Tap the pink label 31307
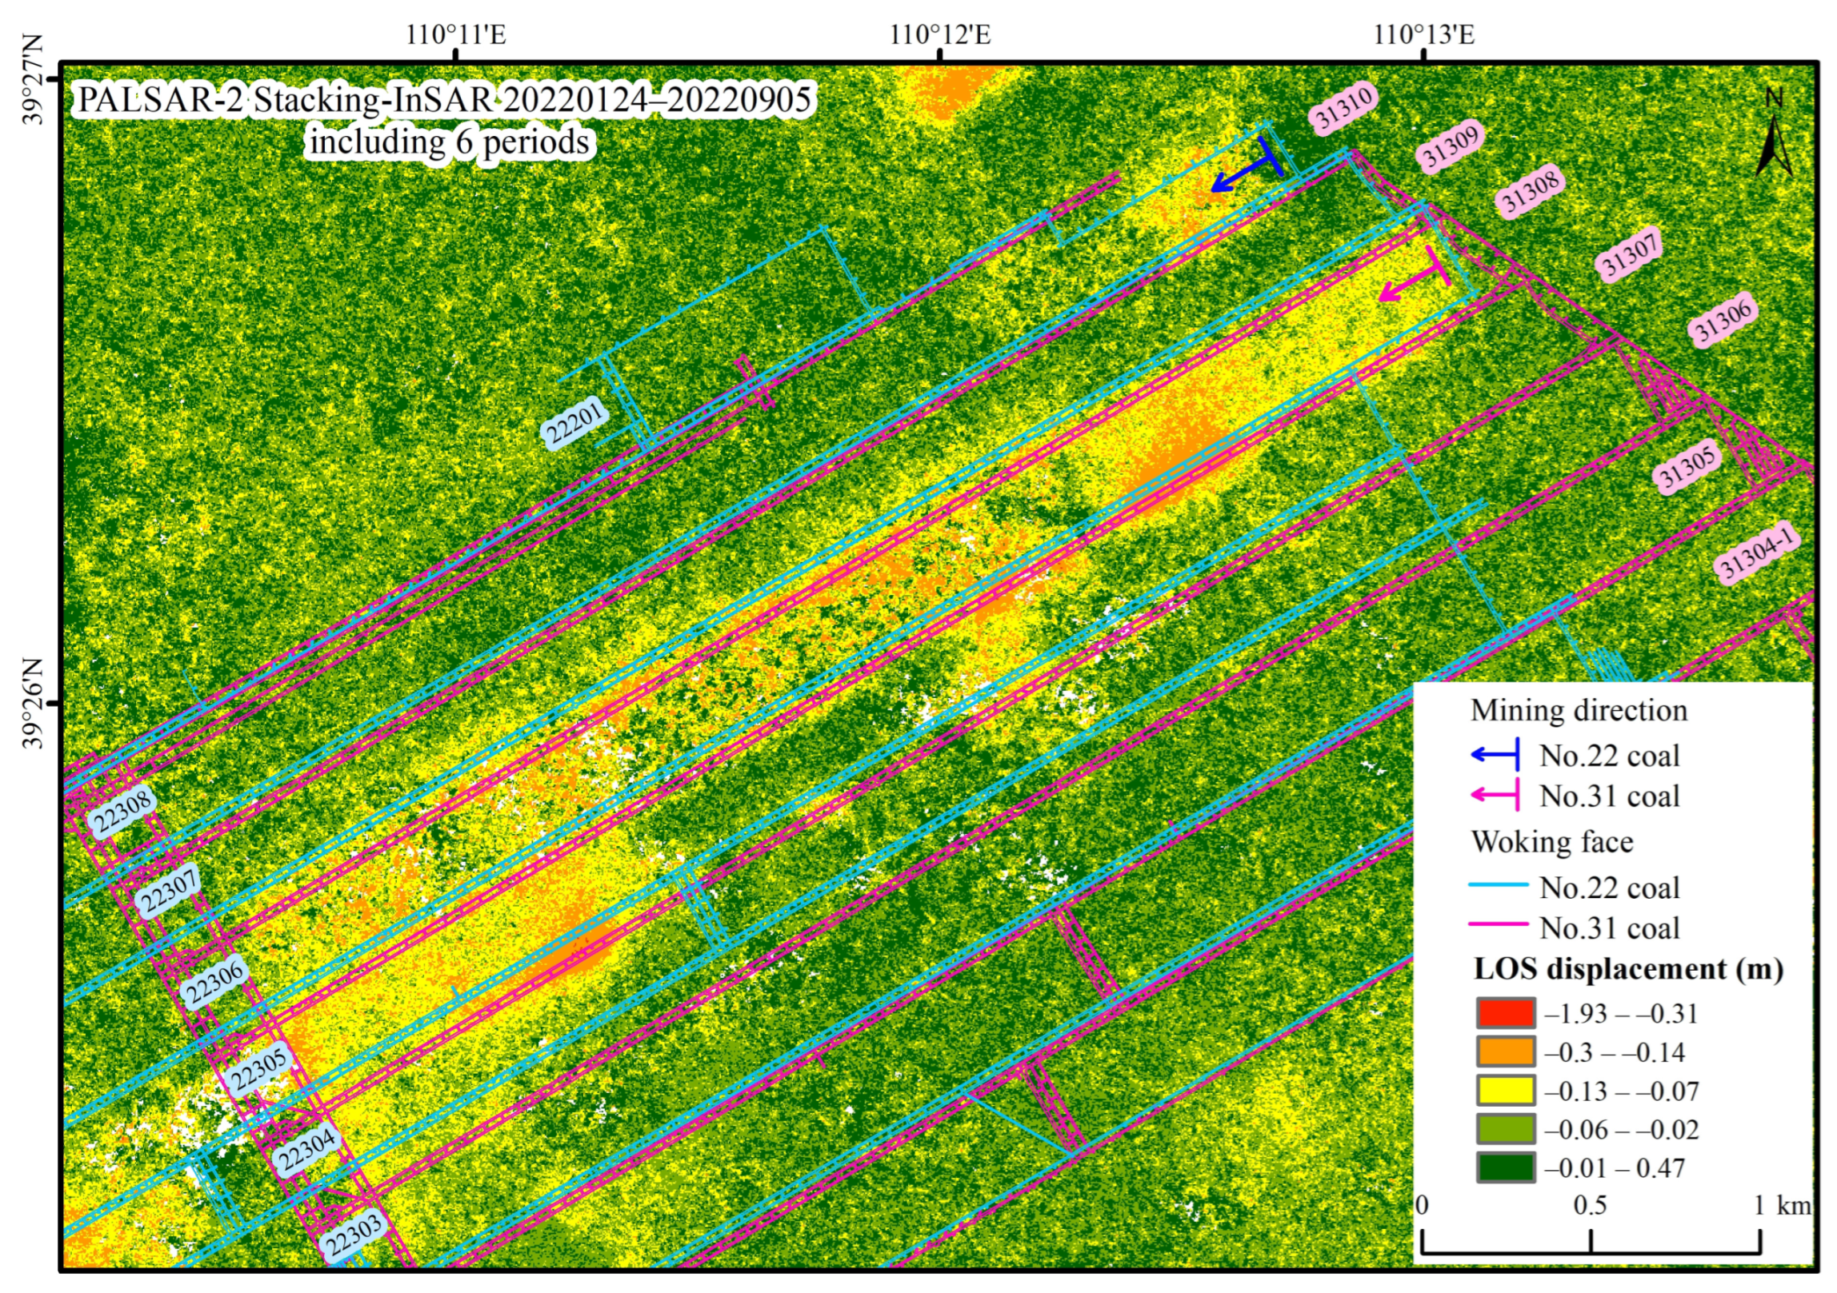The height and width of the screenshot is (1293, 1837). pos(1630,253)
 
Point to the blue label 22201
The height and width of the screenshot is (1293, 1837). pos(574,422)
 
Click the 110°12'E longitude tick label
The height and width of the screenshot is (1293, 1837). pos(940,35)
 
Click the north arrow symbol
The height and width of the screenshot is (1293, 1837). pos(1773,144)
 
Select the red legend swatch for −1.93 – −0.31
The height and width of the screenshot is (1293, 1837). pos(1505,1013)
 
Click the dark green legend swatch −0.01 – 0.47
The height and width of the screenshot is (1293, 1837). pos(1505,1167)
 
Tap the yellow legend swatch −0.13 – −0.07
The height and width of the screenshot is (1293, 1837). pos(1505,1091)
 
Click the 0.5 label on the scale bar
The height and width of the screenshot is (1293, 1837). pos(1589,1205)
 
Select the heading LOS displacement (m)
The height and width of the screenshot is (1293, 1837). pos(1628,969)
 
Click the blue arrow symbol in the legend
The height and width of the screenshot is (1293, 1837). pos(1495,754)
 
